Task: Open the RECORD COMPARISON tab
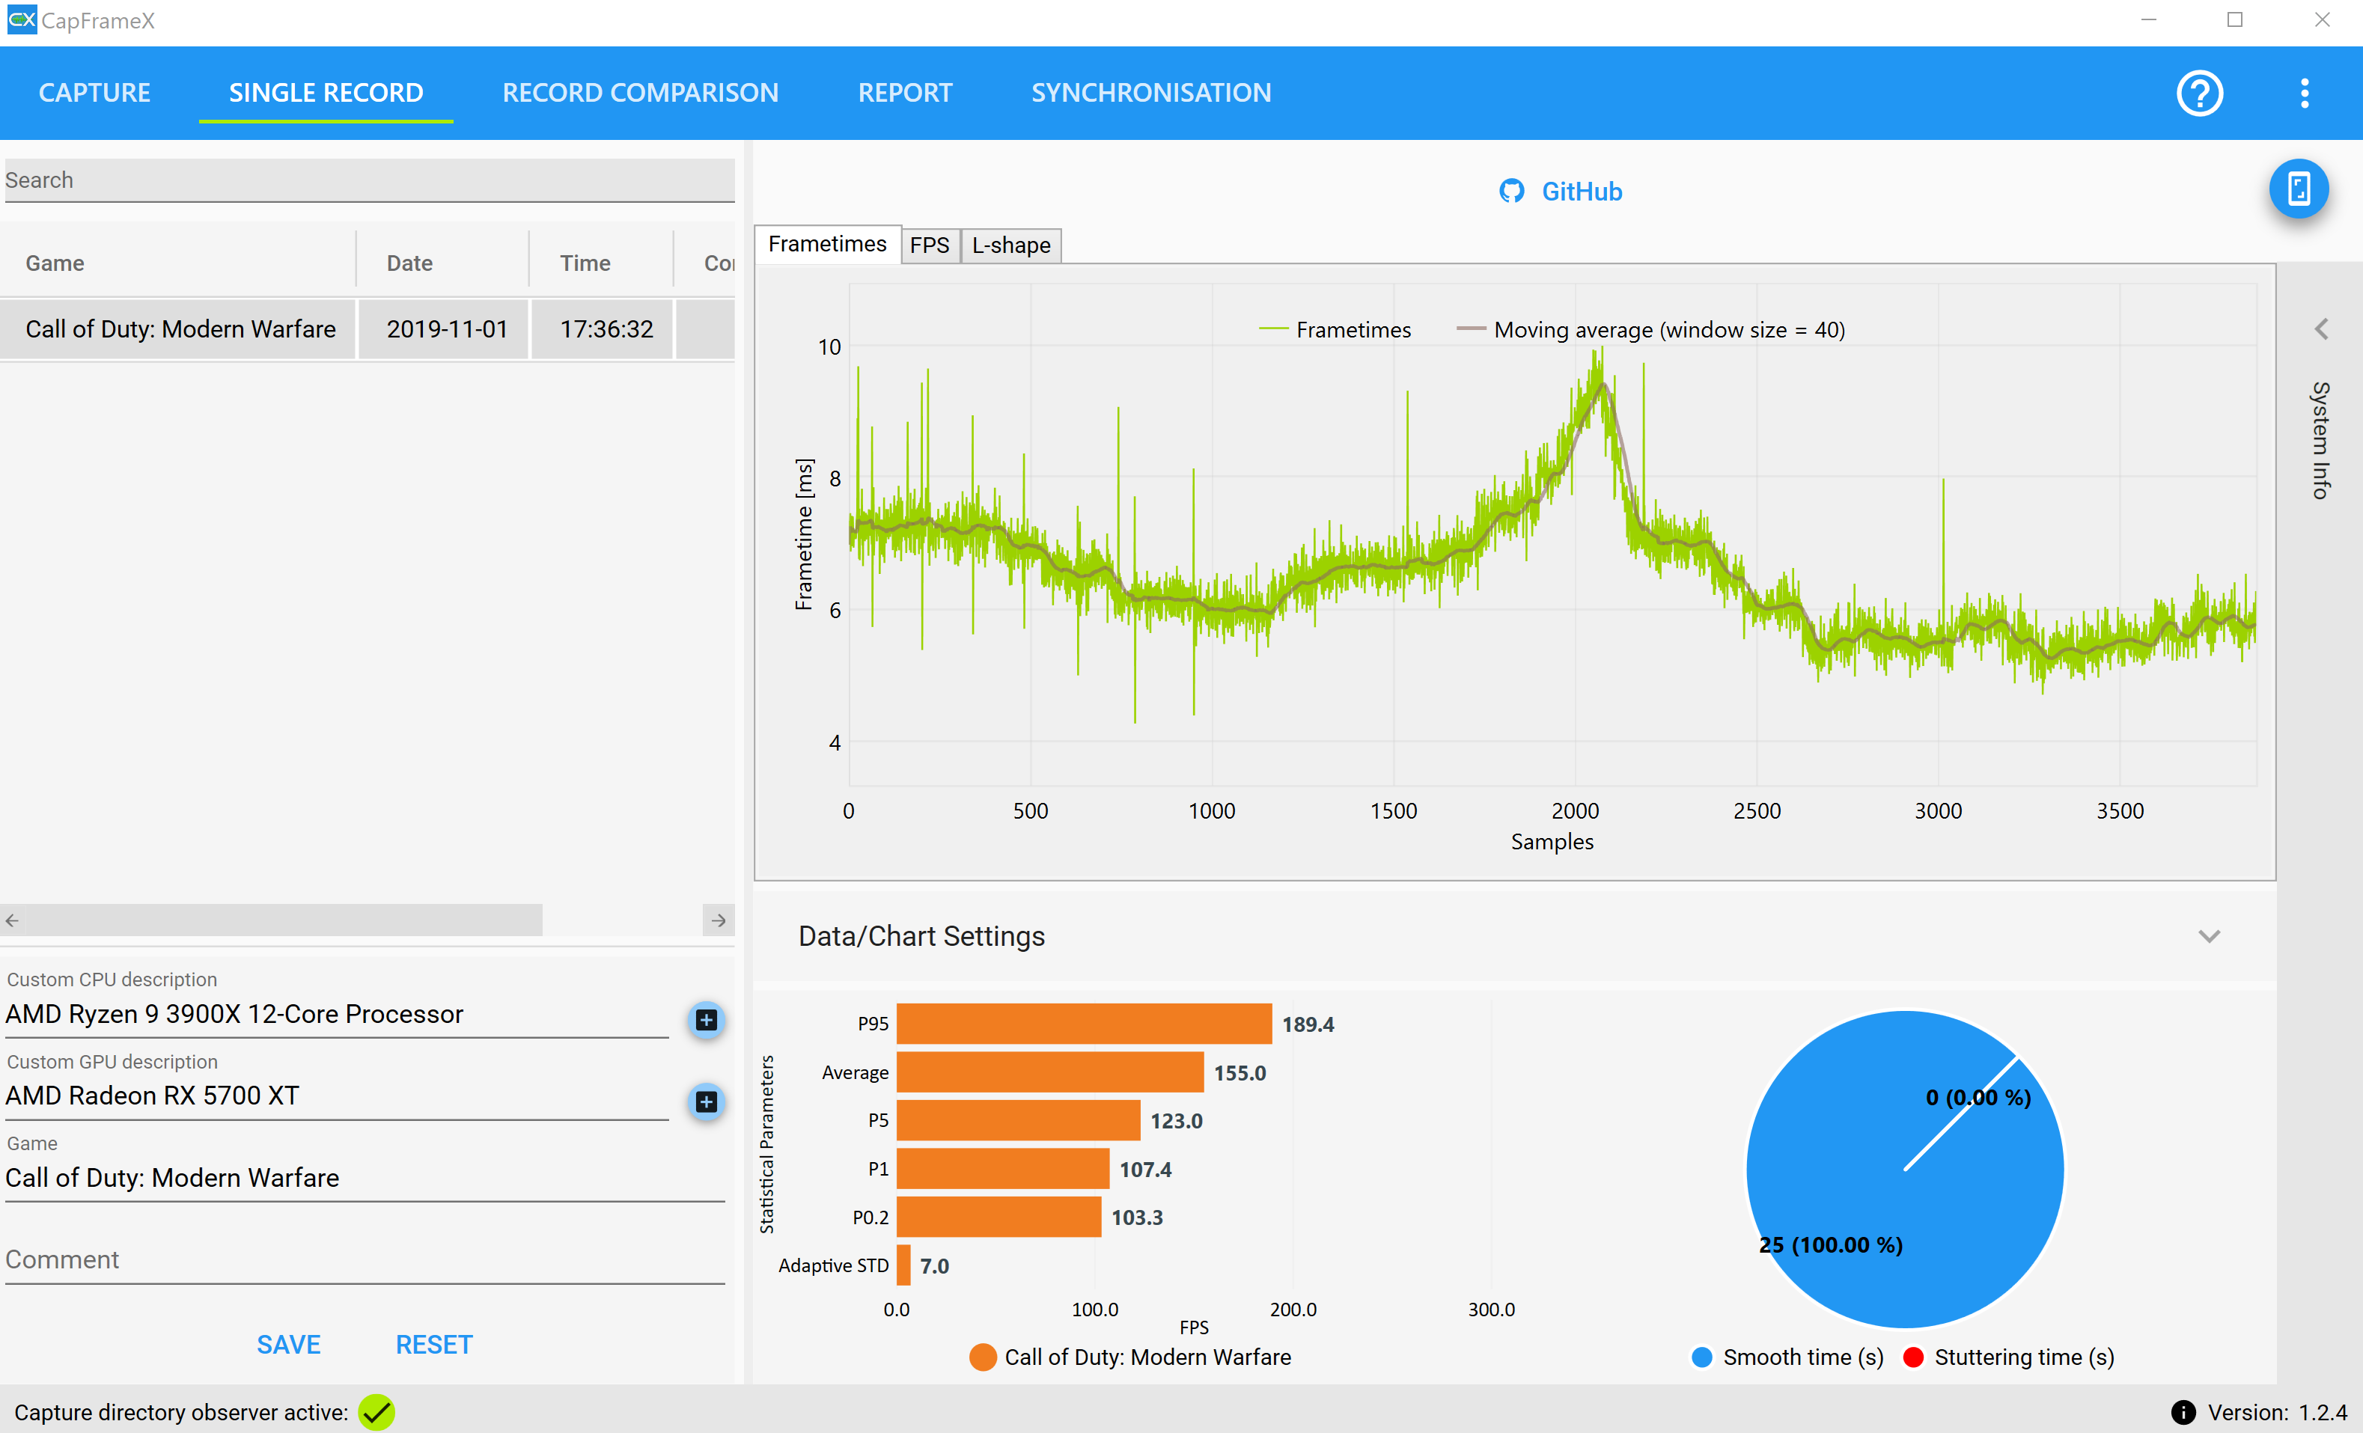click(x=640, y=93)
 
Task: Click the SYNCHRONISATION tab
click(x=1151, y=93)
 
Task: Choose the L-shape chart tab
click(x=1010, y=245)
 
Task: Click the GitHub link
click(x=1561, y=192)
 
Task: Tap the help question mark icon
click(x=2199, y=93)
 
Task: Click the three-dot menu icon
click(x=2305, y=93)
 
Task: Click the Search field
click(x=369, y=180)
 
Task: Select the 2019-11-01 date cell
click(x=446, y=329)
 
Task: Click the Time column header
click(x=585, y=263)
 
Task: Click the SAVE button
click(x=289, y=1344)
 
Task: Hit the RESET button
click(x=434, y=1344)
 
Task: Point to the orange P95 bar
click(x=1085, y=1024)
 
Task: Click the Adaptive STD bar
click(x=903, y=1265)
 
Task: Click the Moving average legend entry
click(x=1650, y=330)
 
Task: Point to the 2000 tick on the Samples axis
click(x=1575, y=811)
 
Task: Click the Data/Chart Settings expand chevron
click(x=2210, y=936)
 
